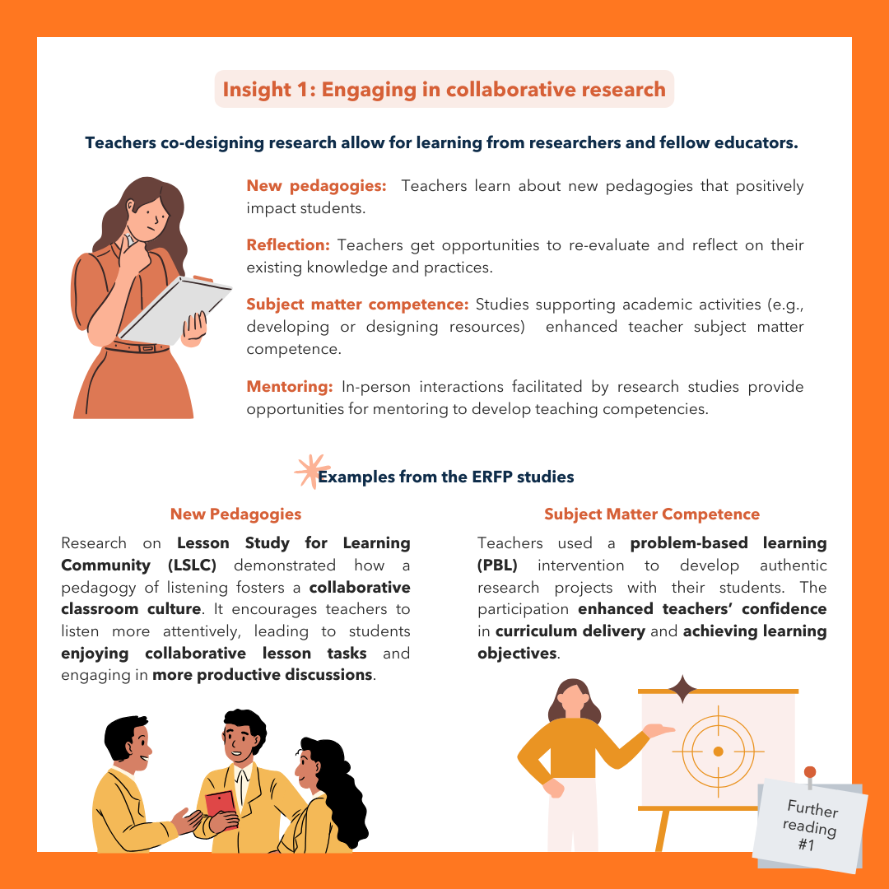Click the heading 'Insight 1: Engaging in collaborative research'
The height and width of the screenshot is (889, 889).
coord(444,90)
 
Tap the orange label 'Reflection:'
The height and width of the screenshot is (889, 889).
coord(288,245)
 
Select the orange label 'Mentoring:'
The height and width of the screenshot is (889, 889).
coord(289,387)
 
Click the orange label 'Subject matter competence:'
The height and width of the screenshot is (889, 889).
coord(357,305)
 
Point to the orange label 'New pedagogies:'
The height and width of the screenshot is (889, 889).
coord(316,186)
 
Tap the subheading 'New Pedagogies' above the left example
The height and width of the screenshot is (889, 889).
coord(236,514)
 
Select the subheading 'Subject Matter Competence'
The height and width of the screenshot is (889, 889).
coord(652,514)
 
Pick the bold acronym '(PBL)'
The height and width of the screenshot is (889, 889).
coord(497,566)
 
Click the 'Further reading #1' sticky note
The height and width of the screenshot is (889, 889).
coord(811,826)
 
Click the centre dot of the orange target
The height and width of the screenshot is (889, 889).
coord(719,752)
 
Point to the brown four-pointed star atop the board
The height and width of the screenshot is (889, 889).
coord(682,689)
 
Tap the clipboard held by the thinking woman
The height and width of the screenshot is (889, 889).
coord(174,309)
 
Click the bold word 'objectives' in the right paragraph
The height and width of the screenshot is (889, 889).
coord(517,654)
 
